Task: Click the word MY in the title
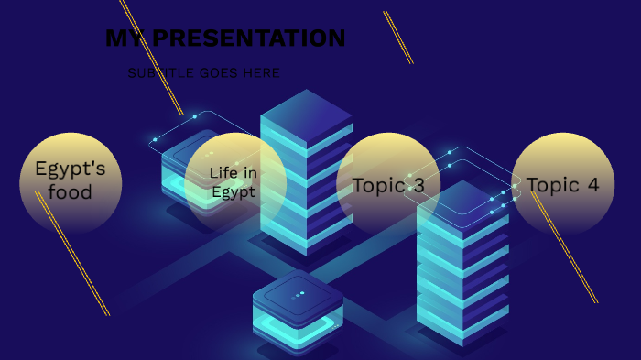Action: (125, 38)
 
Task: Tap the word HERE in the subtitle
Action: (261, 73)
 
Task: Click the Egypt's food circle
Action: (71, 181)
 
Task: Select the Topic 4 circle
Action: (562, 184)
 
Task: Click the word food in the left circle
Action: (71, 192)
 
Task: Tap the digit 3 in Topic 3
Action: (418, 185)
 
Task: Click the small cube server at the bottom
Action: (298, 311)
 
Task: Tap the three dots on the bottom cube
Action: (298, 295)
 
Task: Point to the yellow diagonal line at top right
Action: (398, 38)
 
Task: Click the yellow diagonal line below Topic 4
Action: (568, 253)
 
